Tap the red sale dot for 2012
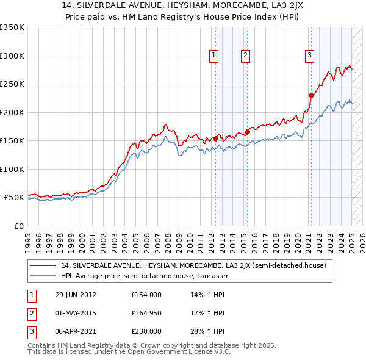pyautogui.click(x=215, y=139)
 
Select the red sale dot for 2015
pyautogui.click(x=248, y=132)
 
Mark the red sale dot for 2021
pyautogui.click(x=311, y=95)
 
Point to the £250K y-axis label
pyautogui.click(x=12, y=84)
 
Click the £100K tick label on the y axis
pyautogui.click(x=12, y=169)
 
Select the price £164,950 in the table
pyautogui.click(x=146, y=314)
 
